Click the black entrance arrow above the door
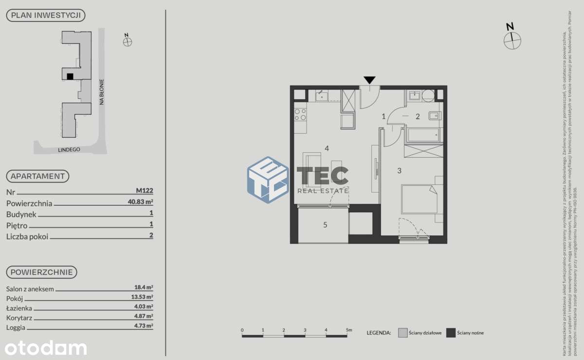click(370, 80)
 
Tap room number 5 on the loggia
click(326, 225)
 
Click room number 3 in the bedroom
click(399, 170)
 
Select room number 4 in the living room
click(327, 148)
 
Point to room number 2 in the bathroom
click(417, 116)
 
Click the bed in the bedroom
click(418, 198)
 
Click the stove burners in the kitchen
click(300, 115)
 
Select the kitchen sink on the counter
click(322, 96)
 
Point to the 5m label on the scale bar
click(348, 330)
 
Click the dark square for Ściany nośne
click(451, 333)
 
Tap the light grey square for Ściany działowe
click(402, 333)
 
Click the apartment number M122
click(145, 191)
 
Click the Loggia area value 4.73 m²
click(144, 326)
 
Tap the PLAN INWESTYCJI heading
click(46, 16)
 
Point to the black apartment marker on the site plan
click(70, 76)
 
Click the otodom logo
click(46, 347)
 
